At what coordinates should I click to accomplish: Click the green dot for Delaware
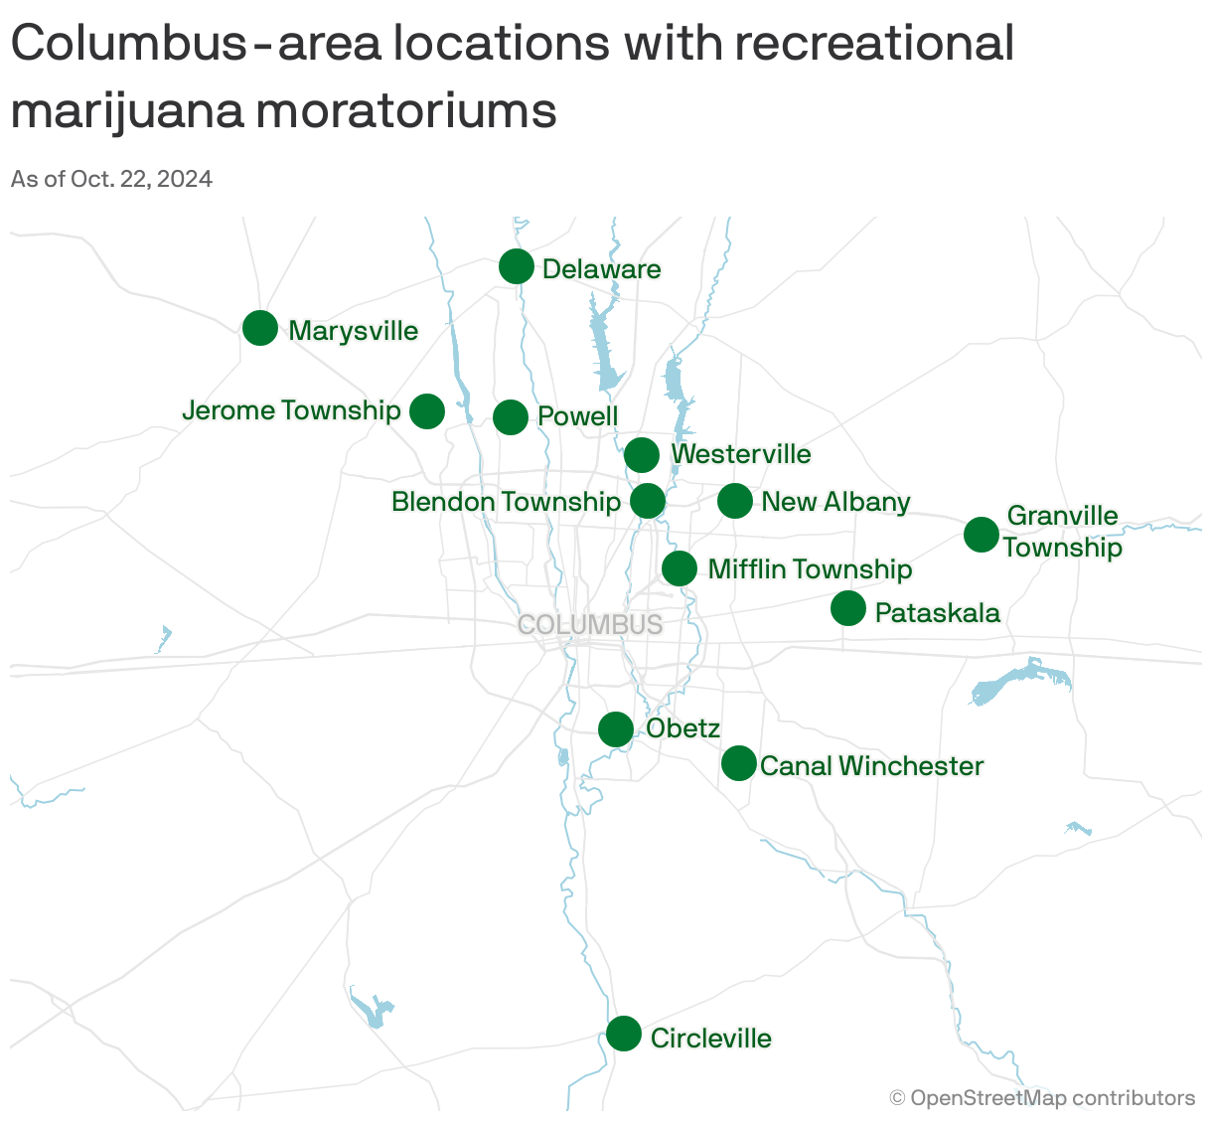pyautogui.click(x=516, y=266)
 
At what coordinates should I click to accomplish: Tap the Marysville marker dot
pyautogui.click(x=260, y=328)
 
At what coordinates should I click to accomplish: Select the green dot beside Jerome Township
pyautogui.click(x=427, y=410)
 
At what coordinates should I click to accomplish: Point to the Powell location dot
pyautogui.click(x=511, y=417)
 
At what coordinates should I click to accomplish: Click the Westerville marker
pyautogui.click(x=642, y=455)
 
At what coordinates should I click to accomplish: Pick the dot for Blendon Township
pyautogui.click(x=648, y=501)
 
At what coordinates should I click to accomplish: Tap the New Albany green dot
pyautogui.click(x=735, y=501)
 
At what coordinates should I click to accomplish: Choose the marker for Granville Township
pyautogui.click(x=982, y=535)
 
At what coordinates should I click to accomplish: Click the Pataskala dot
pyautogui.click(x=848, y=608)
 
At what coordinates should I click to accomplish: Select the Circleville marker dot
pyautogui.click(x=624, y=1034)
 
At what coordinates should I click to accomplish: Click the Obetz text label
pyautogui.click(x=682, y=728)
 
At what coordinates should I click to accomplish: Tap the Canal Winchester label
pyautogui.click(x=871, y=766)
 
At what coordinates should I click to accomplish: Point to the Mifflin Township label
pyautogui.click(x=810, y=569)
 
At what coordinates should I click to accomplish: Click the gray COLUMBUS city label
pyautogui.click(x=590, y=625)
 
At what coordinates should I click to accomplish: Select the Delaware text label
pyautogui.click(x=601, y=269)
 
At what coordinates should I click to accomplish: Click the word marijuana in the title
pyautogui.click(x=126, y=111)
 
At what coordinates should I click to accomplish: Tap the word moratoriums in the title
pyautogui.click(x=406, y=111)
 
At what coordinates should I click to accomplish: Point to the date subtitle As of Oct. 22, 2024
pyautogui.click(x=111, y=179)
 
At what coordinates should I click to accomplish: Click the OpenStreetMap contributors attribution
pyautogui.click(x=1042, y=1098)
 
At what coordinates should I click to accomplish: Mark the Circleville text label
pyautogui.click(x=710, y=1039)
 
